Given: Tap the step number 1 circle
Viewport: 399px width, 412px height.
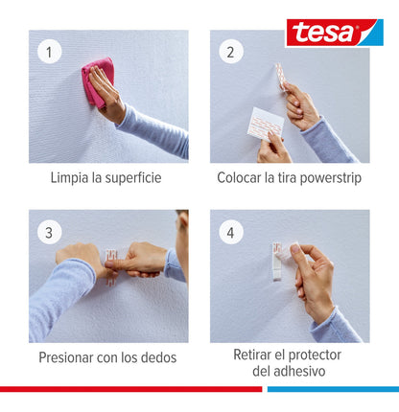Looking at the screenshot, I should (x=49, y=51).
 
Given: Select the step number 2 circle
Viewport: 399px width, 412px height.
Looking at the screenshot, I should (x=230, y=51).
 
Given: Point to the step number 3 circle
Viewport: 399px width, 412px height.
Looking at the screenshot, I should (x=49, y=231).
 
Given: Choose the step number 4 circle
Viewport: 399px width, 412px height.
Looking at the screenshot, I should (x=230, y=231).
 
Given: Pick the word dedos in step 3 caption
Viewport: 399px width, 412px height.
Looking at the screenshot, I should (x=158, y=357).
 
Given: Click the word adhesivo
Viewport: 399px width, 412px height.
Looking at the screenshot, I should (x=300, y=371).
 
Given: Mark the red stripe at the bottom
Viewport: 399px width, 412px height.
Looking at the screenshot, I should (x=129, y=389).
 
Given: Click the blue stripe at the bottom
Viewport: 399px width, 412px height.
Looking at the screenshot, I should (x=332, y=389).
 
